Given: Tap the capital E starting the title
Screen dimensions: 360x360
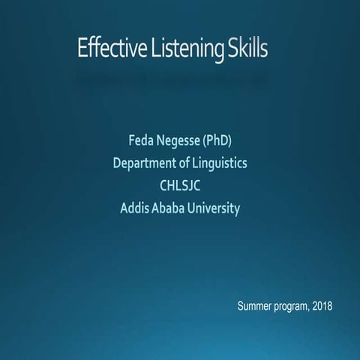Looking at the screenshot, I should [x=82, y=49].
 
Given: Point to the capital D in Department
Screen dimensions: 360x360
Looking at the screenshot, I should [x=117, y=162].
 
